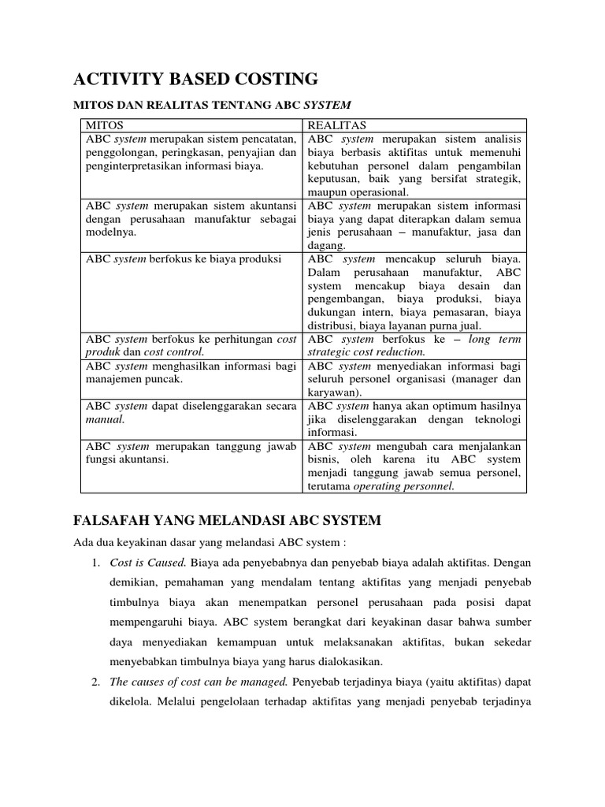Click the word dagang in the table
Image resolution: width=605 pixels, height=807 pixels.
coord(328,246)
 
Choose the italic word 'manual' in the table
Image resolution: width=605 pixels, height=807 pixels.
coord(105,419)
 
